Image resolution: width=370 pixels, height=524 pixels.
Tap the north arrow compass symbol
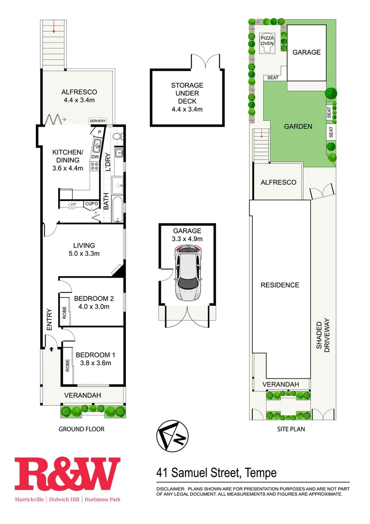coord(171,435)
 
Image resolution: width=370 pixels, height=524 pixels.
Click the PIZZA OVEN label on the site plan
coord(267,40)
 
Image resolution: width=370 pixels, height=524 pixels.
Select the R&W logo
coord(67,474)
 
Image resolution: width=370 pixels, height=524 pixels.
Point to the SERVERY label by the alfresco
coord(97,121)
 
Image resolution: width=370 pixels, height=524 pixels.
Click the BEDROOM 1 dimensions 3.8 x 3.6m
coord(93,363)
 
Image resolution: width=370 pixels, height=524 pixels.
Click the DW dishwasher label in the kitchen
coord(95,157)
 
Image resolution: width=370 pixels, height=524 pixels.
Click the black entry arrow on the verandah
coord(51,348)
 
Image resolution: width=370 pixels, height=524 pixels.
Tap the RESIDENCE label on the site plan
coord(280,285)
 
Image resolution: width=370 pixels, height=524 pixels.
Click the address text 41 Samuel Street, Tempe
coord(216,472)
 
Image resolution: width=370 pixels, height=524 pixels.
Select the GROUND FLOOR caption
coord(81,429)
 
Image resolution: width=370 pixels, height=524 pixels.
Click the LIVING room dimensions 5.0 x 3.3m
coord(84,253)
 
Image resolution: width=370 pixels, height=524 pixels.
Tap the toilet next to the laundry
coord(116,138)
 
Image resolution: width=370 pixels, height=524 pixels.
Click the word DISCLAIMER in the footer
coord(170,489)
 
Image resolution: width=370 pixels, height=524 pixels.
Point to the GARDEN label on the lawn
coord(298,126)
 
